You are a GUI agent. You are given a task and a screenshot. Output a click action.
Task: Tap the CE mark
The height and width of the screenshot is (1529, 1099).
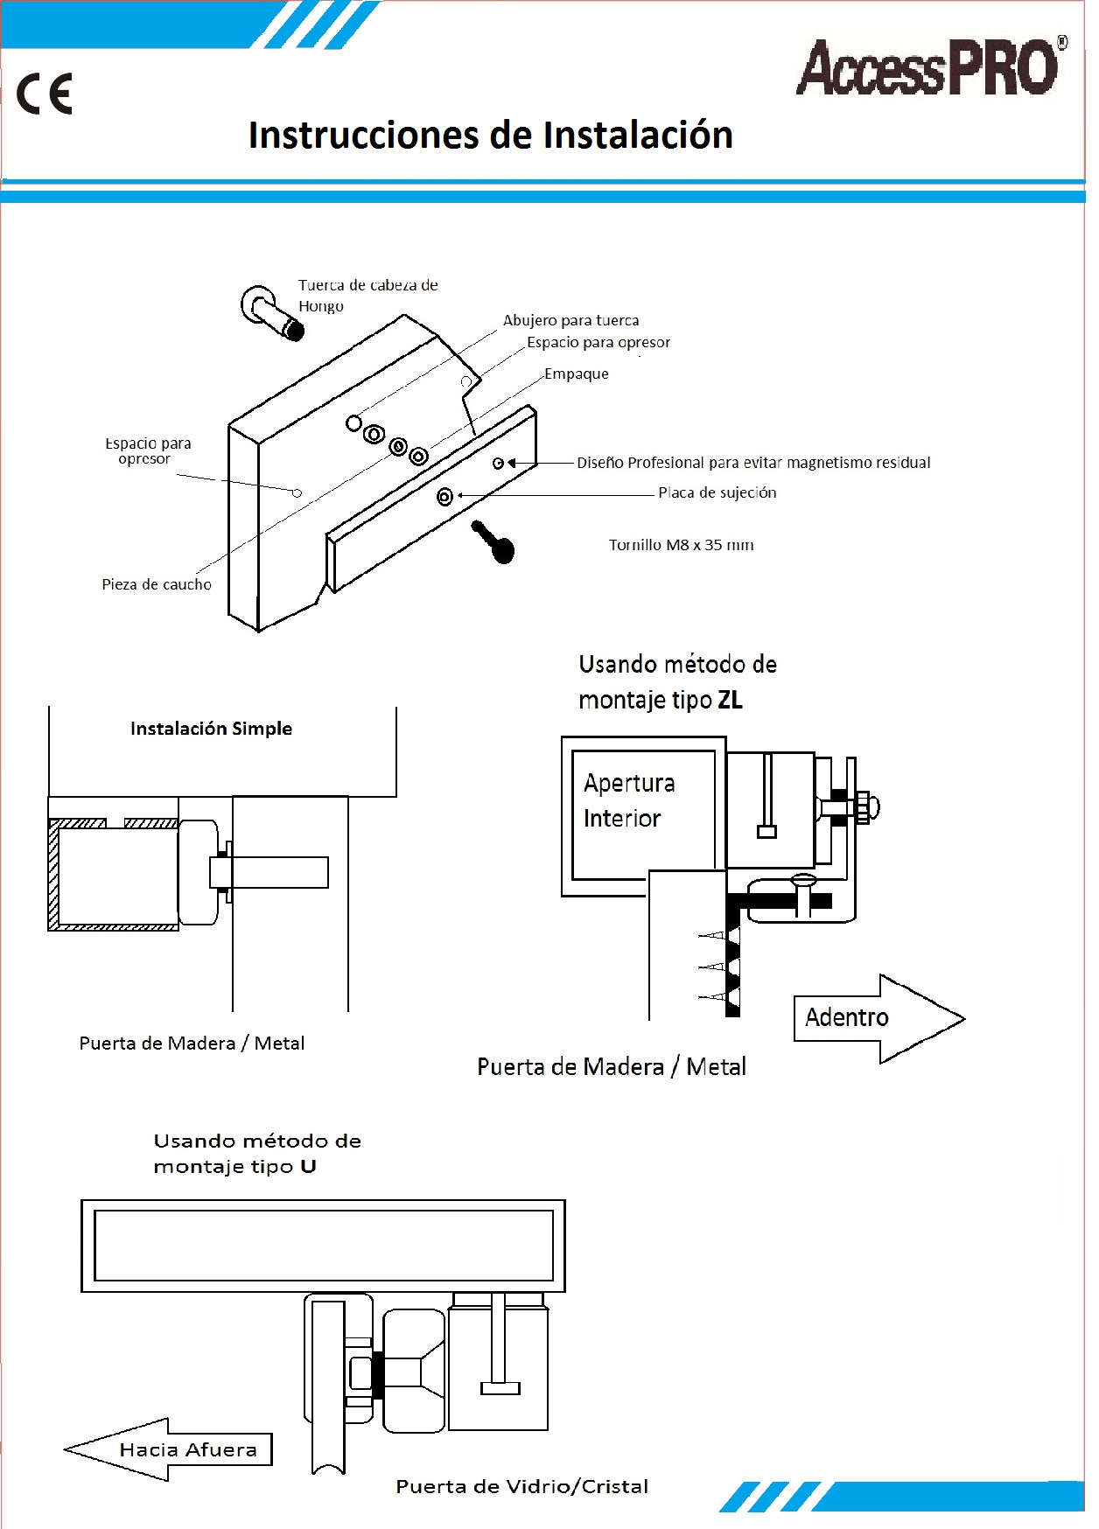pos(45,94)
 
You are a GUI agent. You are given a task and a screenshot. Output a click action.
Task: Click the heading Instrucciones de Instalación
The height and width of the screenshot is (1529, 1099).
pos(490,136)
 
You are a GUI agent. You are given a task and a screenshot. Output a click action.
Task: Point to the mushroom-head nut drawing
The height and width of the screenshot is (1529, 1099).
pos(271,313)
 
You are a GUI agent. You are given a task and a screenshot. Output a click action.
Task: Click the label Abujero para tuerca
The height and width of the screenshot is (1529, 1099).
pos(570,320)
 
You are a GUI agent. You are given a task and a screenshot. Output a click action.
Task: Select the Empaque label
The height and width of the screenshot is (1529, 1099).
pos(576,374)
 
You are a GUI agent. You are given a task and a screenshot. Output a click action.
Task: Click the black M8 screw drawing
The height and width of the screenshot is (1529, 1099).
pos(493,541)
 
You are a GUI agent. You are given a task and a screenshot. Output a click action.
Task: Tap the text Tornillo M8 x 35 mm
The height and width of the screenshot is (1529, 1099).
pos(681,545)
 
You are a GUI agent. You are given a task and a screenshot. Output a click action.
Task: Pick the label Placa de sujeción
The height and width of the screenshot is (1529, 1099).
pos(717,492)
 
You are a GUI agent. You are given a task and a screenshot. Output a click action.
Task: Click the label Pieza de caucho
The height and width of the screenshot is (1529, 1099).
pos(157,584)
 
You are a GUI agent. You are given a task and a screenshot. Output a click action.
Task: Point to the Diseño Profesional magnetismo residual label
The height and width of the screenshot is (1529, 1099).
pos(753,463)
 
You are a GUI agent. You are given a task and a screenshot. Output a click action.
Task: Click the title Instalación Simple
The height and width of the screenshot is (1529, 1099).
pos(211,729)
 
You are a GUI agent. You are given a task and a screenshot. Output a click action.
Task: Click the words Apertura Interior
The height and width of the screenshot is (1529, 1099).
pos(629,800)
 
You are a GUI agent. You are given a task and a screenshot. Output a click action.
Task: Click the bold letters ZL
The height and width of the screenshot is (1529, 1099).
pos(730,700)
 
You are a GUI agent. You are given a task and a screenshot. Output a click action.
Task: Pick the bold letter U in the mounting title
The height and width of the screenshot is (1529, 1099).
pos(308,1167)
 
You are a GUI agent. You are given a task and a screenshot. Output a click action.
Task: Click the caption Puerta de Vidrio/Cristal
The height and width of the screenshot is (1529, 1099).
pos(521,1486)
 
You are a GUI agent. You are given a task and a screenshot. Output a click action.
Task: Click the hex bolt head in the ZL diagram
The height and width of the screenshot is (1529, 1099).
pos(866,807)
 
